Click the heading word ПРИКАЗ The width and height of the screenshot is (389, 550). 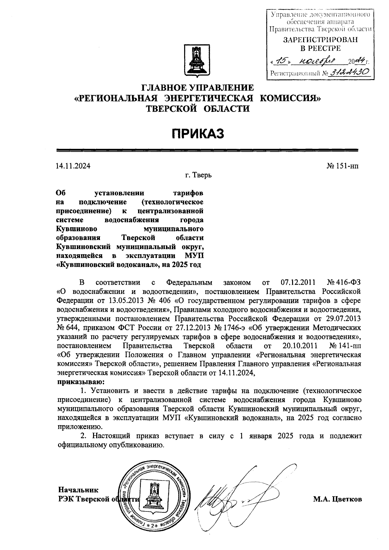[198, 133]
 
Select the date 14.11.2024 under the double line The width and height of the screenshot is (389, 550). [73, 166]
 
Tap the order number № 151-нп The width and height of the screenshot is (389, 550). [343, 166]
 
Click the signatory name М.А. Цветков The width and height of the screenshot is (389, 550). [337, 499]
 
